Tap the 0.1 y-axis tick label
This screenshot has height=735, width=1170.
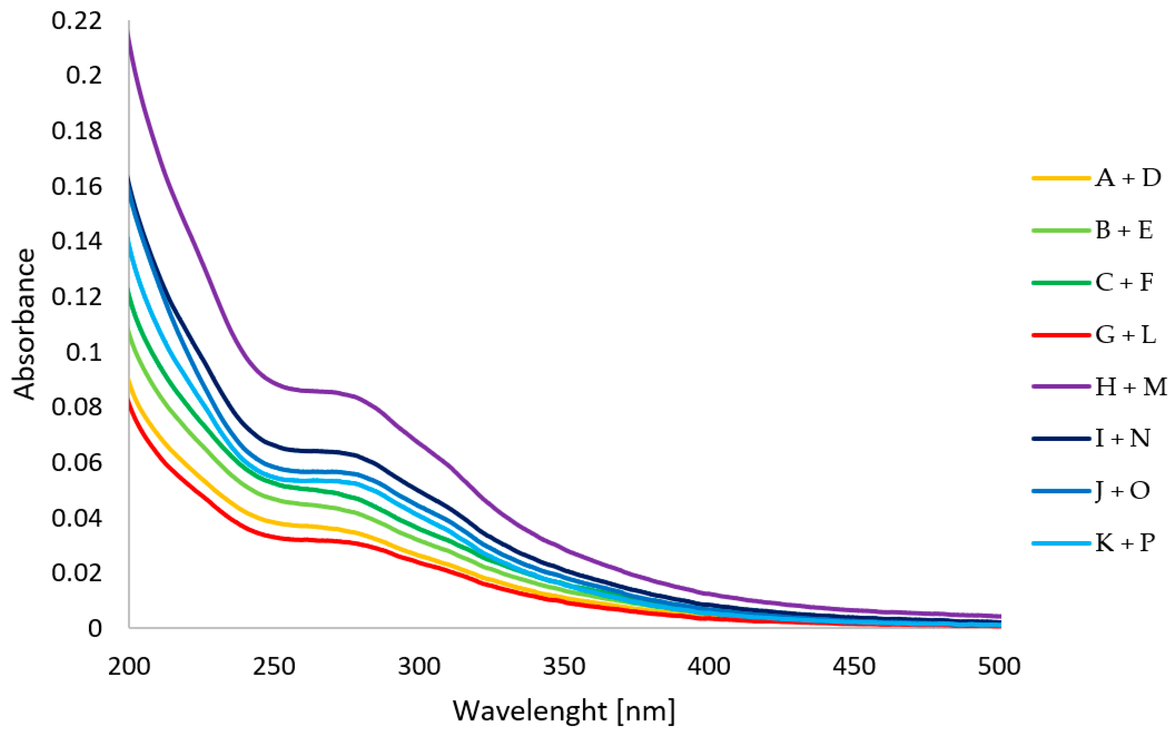click(x=83, y=352)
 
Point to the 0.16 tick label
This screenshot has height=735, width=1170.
click(x=77, y=187)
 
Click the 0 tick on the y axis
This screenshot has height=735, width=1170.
click(x=95, y=629)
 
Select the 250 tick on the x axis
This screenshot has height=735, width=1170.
click(x=274, y=666)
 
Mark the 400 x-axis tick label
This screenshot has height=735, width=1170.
click(x=709, y=666)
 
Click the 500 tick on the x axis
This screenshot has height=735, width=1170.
click(x=999, y=666)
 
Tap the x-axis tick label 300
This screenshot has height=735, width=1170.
click(x=419, y=666)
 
